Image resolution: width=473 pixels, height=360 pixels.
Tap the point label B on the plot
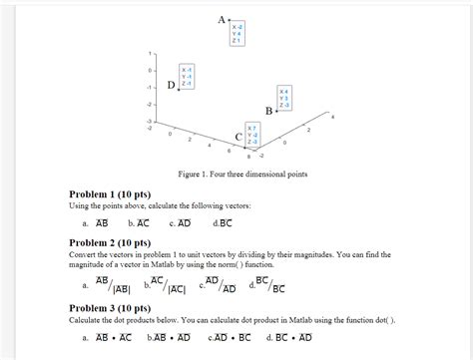(x=268, y=110)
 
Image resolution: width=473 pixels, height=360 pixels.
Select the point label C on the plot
(x=237, y=137)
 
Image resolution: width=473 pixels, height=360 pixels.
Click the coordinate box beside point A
(x=237, y=32)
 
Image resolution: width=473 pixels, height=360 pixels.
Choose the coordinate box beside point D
(x=187, y=76)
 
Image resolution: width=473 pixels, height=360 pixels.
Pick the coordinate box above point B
(x=284, y=98)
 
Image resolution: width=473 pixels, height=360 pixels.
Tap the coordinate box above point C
(x=252, y=135)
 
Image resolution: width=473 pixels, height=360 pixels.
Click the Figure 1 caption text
(x=243, y=174)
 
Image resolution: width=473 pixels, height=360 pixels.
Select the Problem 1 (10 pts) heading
(x=109, y=193)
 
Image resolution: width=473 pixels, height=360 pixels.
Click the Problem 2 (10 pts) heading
(x=109, y=242)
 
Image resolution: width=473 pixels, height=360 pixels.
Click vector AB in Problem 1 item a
(x=101, y=223)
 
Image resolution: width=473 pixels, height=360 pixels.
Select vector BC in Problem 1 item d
(x=225, y=223)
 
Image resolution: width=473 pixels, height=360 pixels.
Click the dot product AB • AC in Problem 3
(x=107, y=339)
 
